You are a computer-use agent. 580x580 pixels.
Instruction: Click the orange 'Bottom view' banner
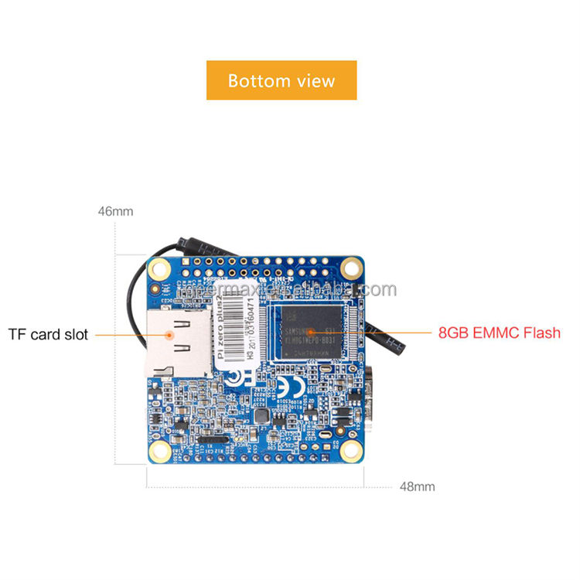tap(281, 80)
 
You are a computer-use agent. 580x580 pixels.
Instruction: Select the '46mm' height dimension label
tap(116, 210)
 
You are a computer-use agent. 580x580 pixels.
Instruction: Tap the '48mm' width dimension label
tap(417, 486)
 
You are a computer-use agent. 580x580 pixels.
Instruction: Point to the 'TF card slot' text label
tap(48, 335)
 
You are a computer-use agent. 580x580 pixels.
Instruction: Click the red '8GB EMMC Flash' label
tap(499, 333)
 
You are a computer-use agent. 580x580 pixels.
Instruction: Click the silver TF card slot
tap(179, 343)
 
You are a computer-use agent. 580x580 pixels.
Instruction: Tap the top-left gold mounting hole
tap(160, 268)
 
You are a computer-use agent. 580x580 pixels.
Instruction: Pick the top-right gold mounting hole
tap(353, 268)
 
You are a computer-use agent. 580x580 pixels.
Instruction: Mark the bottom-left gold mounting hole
tap(160, 451)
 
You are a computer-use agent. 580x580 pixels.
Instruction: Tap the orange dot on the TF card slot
tap(169, 334)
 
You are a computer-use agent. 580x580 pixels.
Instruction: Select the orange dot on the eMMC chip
tap(312, 333)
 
